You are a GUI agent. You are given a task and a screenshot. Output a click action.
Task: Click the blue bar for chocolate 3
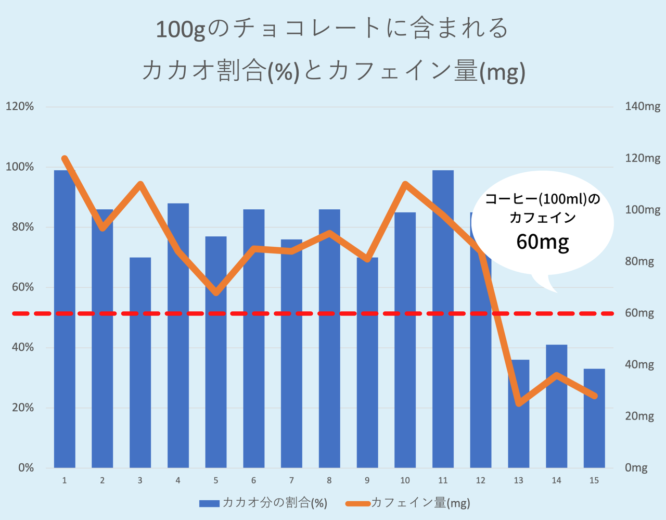[140, 364]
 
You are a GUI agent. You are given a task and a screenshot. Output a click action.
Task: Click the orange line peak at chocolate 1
[65, 159]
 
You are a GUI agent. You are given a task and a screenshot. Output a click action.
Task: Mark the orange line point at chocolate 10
[405, 184]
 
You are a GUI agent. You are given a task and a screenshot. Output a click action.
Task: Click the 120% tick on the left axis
[20, 107]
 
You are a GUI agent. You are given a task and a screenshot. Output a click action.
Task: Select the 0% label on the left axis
[26, 468]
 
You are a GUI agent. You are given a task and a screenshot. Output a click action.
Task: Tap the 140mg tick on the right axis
[643, 107]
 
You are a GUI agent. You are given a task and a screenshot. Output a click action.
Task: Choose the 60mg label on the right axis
[639, 313]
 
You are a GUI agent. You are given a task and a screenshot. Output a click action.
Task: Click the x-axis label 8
[329, 480]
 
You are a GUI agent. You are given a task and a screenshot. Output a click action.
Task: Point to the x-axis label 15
[594, 480]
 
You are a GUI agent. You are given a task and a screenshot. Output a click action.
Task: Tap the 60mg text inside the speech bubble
[543, 242]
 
